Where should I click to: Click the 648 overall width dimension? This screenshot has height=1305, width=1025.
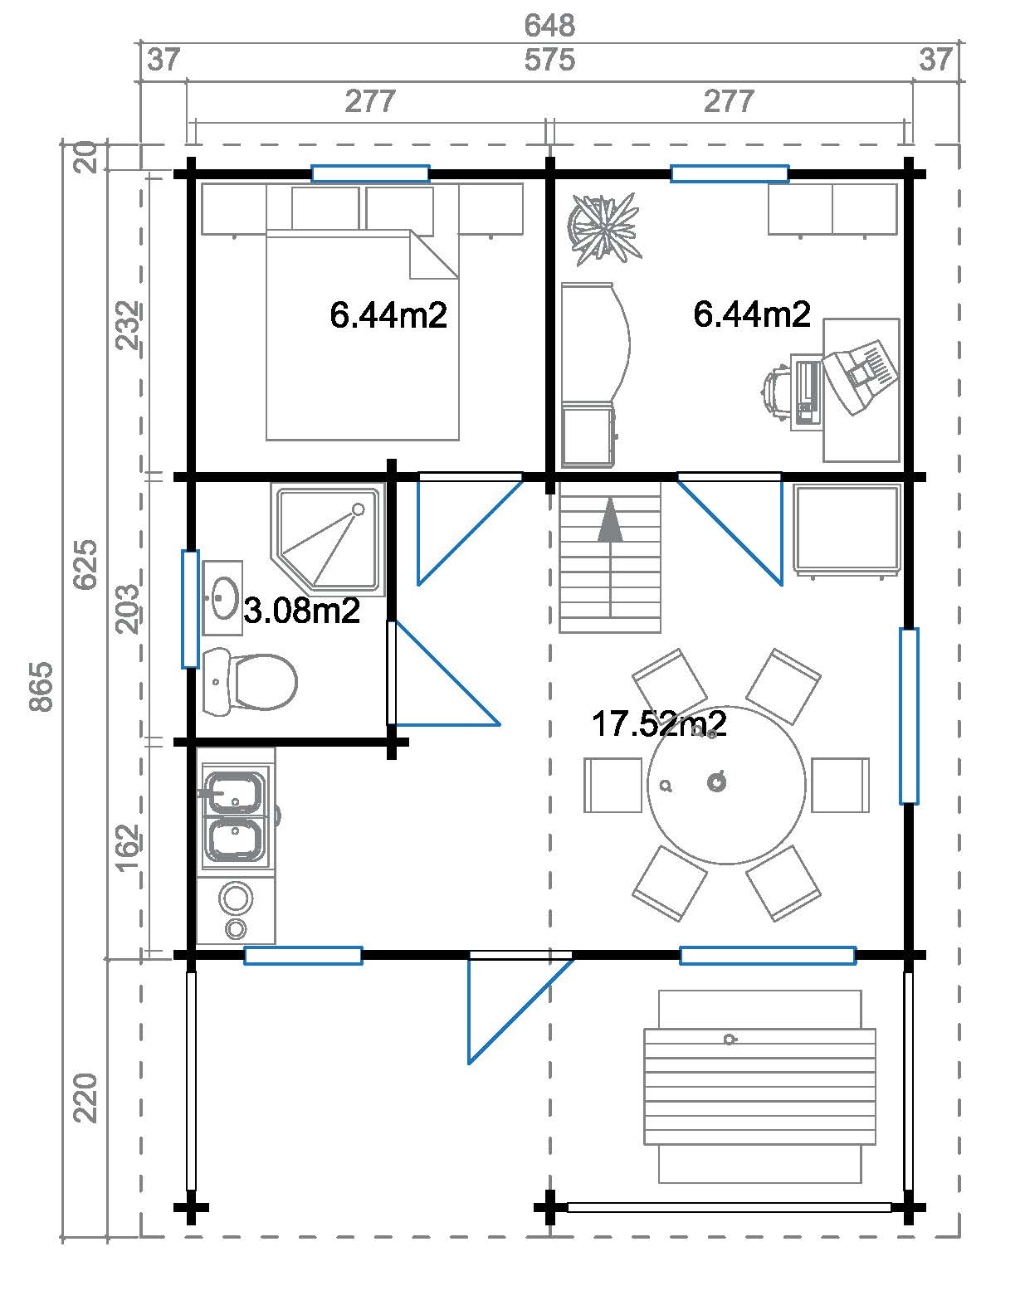[x=549, y=25]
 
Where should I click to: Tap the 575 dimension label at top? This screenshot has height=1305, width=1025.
[x=549, y=61]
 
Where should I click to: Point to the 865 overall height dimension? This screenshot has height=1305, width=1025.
[x=41, y=686]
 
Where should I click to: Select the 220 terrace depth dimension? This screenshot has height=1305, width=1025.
[x=86, y=1097]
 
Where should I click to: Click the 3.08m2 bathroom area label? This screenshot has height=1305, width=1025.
[x=302, y=611]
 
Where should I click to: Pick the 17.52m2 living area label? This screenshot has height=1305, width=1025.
[x=659, y=723]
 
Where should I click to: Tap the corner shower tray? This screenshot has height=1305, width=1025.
[x=330, y=539]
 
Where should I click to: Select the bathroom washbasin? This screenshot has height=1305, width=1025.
[x=222, y=597]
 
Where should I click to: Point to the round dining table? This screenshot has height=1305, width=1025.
[x=726, y=785]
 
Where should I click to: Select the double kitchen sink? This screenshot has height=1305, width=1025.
[x=236, y=816]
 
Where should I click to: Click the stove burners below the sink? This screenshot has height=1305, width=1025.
[x=237, y=910]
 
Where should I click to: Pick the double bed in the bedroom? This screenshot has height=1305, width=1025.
[x=362, y=332]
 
